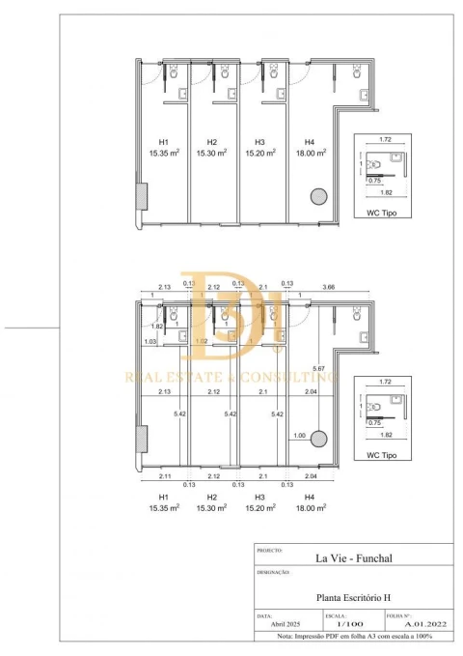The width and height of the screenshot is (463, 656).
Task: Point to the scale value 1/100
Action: click(x=336, y=624)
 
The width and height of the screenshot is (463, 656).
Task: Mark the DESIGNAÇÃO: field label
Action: click(x=274, y=572)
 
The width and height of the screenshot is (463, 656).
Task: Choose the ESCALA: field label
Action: click(x=334, y=613)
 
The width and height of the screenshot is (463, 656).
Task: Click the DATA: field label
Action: click(x=264, y=613)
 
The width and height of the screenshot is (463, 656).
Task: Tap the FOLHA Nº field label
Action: click(x=398, y=613)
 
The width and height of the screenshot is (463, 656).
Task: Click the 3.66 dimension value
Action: click(x=329, y=286)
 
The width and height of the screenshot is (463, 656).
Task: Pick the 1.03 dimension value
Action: click(x=150, y=341)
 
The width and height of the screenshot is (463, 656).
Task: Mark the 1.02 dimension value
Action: click(x=201, y=341)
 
